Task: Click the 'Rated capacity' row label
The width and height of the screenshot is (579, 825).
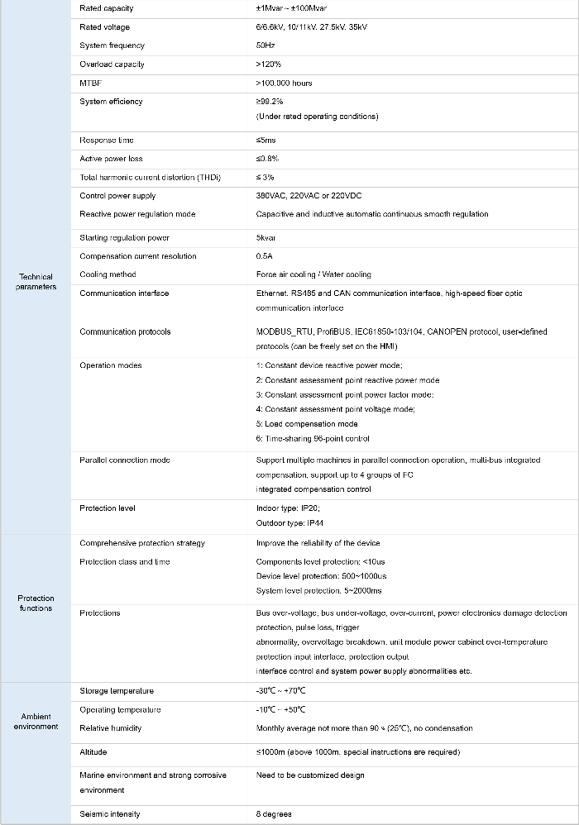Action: click(x=106, y=8)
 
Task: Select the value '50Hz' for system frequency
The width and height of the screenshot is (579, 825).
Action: click(x=266, y=45)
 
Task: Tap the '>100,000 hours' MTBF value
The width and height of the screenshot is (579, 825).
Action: click(x=284, y=83)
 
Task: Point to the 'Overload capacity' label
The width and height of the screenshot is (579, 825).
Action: click(x=112, y=64)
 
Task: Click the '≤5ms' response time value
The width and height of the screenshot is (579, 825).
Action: click(x=267, y=140)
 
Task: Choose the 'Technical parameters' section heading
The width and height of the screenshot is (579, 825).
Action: click(x=36, y=282)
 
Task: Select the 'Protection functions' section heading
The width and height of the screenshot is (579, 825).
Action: click(x=36, y=603)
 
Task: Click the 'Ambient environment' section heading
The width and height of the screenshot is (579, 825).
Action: click(x=36, y=722)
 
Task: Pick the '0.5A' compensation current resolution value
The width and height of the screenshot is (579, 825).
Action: click(x=266, y=256)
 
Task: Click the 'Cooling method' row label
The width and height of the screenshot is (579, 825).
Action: click(x=108, y=274)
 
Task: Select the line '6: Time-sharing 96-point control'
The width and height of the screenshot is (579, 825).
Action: click(x=313, y=438)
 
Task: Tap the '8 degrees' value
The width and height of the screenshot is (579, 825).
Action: click(x=274, y=814)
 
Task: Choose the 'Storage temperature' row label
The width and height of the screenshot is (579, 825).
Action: click(x=117, y=691)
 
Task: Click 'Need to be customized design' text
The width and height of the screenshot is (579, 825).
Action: click(x=310, y=775)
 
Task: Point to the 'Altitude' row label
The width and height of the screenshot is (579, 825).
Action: click(x=93, y=752)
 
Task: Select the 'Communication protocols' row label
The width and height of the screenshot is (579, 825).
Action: click(x=125, y=331)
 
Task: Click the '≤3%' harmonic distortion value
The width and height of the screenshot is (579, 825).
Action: click(x=266, y=178)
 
